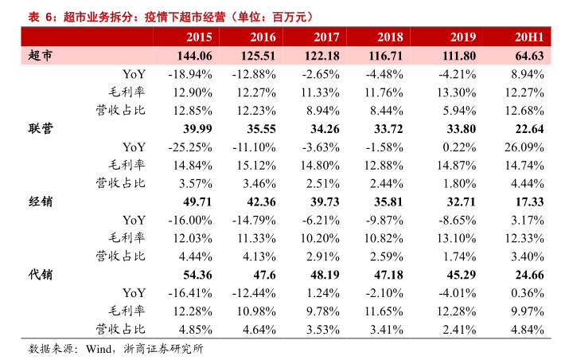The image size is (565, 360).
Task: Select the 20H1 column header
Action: tap(529, 37)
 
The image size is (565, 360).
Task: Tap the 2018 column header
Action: tap(390, 37)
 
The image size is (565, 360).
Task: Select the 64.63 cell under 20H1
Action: tap(529, 56)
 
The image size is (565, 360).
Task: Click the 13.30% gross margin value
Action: tap(457, 92)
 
